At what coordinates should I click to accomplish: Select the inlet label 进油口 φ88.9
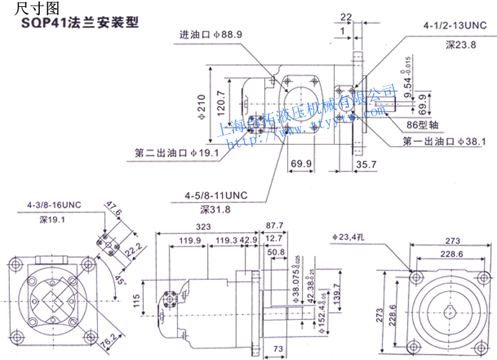pyautogui.click(x=211, y=35)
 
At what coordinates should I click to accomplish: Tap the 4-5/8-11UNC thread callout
pyautogui.click(x=216, y=195)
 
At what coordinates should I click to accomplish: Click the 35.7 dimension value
pyautogui.click(x=367, y=165)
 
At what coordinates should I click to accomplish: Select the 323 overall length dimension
pyautogui.click(x=203, y=227)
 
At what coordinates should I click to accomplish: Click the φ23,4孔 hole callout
pyautogui.click(x=352, y=237)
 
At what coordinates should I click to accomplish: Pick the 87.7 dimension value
pyautogui.click(x=274, y=225)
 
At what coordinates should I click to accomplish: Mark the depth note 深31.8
pyautogui.click(x=216, y=210)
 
